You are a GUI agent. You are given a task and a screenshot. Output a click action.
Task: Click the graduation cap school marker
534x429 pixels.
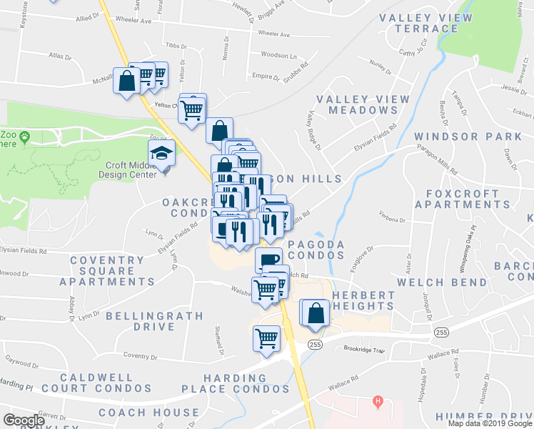(x=162, y=152)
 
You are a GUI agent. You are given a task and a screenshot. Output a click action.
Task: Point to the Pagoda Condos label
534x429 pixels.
(x=316, y=250)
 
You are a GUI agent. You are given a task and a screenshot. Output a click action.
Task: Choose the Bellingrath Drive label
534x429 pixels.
(x=140, y=321)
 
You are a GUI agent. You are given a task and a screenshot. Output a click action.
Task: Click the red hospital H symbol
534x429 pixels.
(x=378, y=402)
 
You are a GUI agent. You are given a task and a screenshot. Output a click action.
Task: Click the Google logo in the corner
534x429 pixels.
(x=24, y=420)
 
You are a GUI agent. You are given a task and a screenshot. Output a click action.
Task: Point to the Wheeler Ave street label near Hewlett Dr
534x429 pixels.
(x=274, y=34)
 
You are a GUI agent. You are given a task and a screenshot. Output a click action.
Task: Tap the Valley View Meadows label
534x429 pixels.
(x=363, y=104)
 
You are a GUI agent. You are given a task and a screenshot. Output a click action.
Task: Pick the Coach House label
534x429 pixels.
(x=148, y=413)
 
